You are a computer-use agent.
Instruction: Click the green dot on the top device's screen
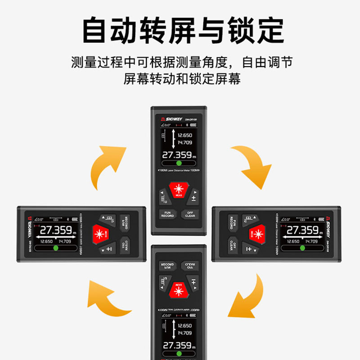179,163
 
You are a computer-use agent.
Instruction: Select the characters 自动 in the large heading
112,30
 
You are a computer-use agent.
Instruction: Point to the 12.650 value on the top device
184,135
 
